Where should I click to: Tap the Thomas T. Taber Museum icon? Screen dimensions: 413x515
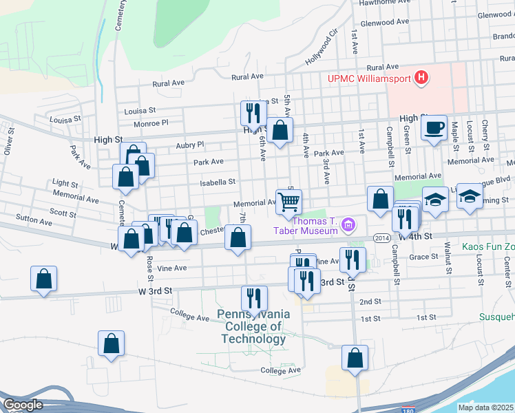(349, 224)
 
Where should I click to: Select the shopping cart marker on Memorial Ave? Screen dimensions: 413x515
(289, 202)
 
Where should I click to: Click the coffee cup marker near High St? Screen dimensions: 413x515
(434, 129)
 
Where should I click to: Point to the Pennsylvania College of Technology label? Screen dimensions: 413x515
(253, 326)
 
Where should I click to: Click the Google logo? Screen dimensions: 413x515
(23, 405)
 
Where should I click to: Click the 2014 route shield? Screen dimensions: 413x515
(383, 237)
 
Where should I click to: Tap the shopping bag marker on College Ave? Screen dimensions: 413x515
(355, 358)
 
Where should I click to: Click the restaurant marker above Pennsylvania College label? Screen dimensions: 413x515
(254, 298)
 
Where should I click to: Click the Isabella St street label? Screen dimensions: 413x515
(218, 182)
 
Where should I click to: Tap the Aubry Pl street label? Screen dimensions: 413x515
(190, 145)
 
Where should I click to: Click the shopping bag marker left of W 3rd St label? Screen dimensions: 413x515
(43, 279)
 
